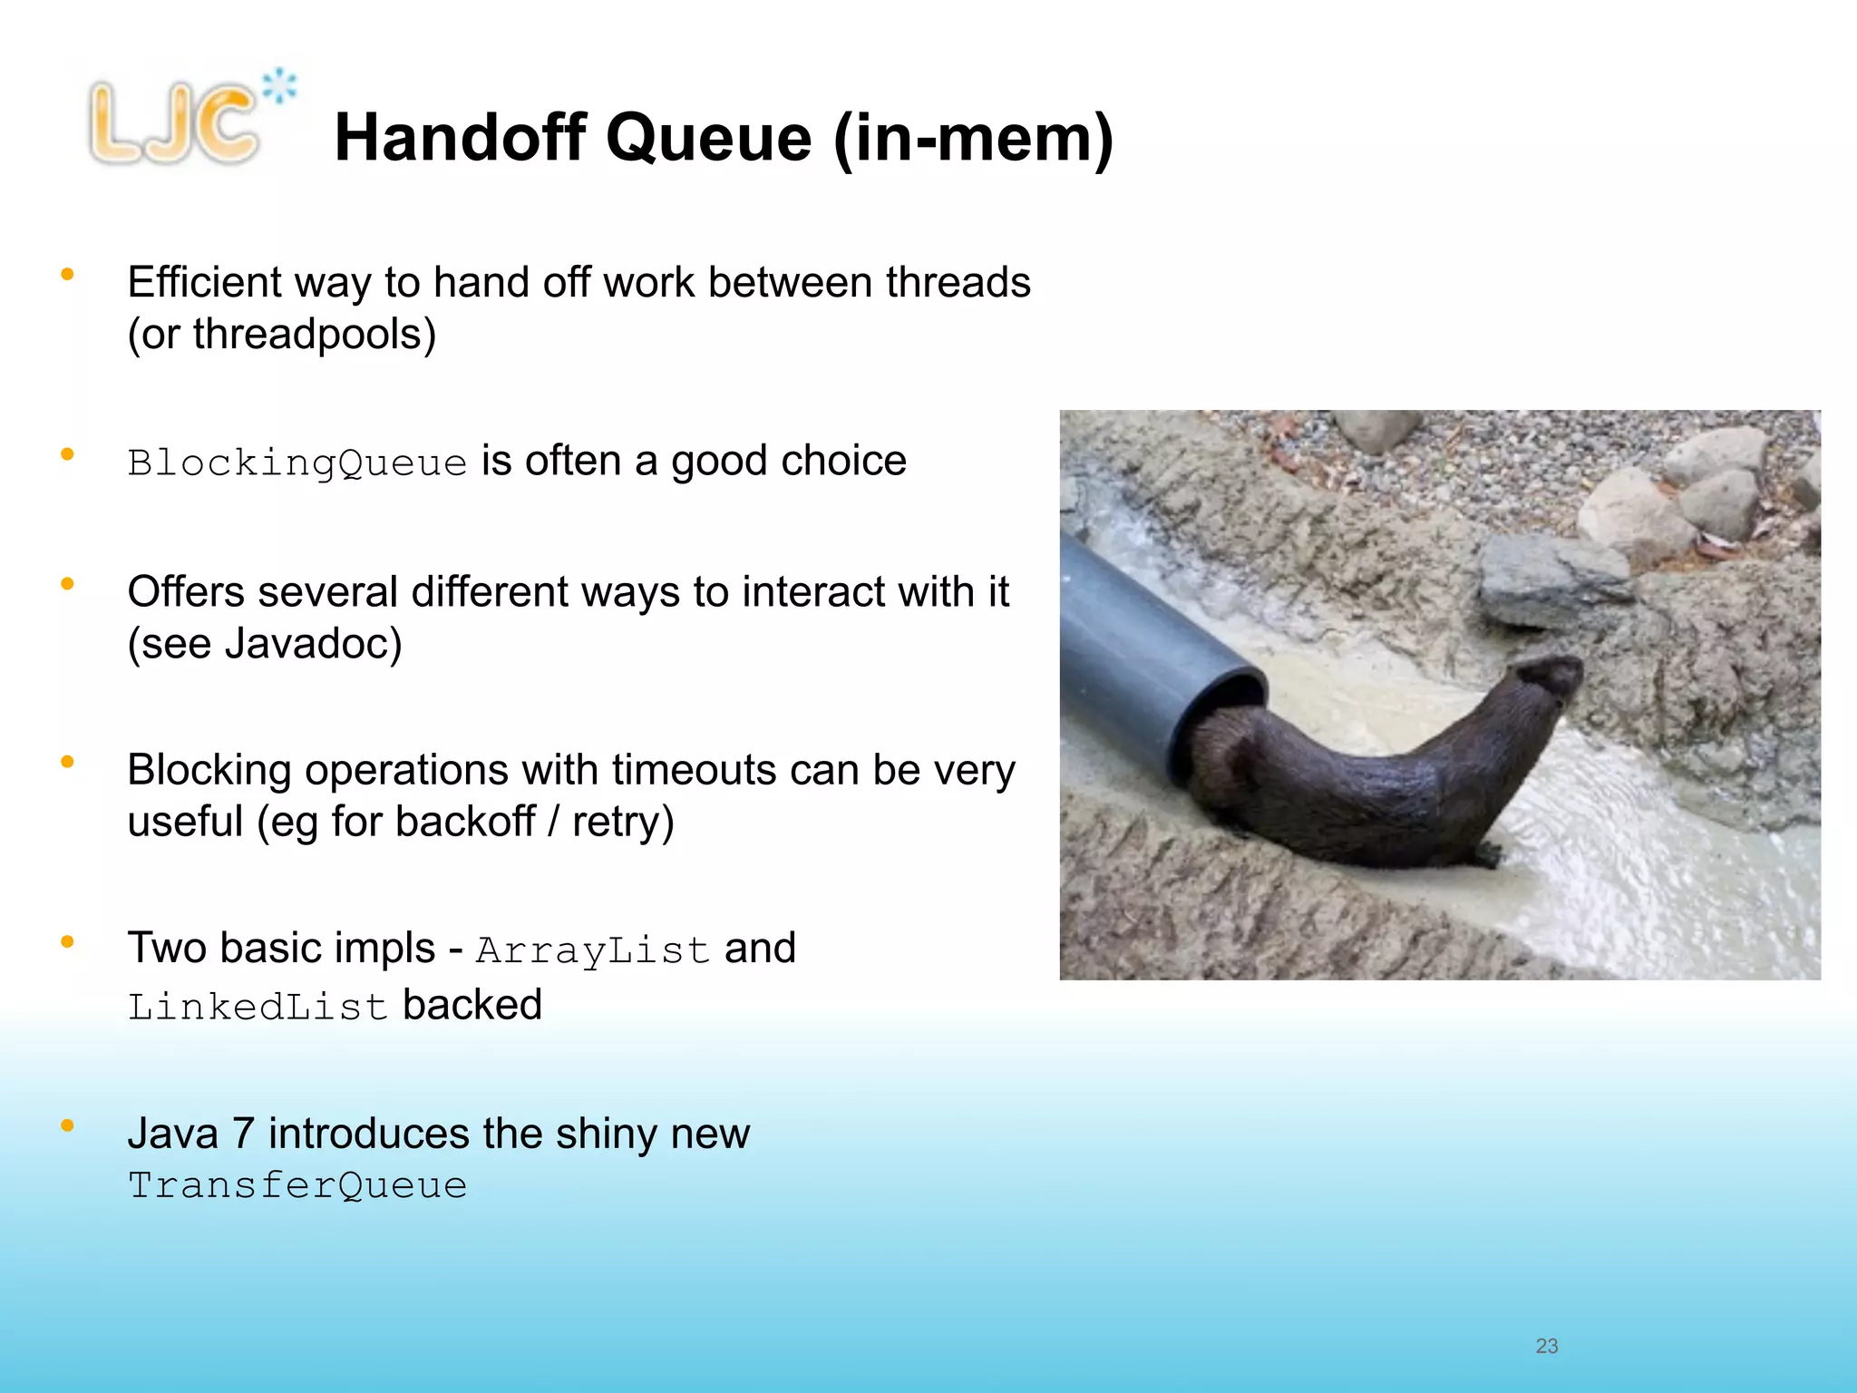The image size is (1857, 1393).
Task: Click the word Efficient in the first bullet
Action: coord(205,282)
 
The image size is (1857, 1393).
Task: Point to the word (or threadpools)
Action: coord(282,334)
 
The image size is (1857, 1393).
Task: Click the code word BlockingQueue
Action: coord(297,463)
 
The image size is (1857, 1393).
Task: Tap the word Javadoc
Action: coord(313,644)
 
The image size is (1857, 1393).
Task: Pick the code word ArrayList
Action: coord(592,950)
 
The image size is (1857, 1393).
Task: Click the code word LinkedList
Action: coord(258,1007)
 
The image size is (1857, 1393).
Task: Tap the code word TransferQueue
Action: coord(297,1185)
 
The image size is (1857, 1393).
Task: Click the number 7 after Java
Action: coord(243,1134)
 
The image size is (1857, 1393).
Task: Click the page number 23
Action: coord(1546,1346)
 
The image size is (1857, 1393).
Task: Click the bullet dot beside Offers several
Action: coord(67,584)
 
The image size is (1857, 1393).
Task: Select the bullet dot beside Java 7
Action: coord(67,1125)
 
